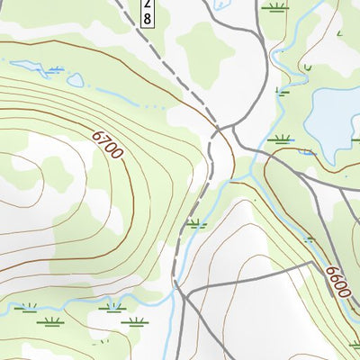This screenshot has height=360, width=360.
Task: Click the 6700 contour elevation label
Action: coord(106,144)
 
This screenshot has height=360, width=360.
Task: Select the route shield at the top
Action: coord(148,12)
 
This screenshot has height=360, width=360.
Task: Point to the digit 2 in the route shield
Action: coord(148,5)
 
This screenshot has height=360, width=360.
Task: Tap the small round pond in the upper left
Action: coord(75,80)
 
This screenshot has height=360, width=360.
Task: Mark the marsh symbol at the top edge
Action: coord(276,7)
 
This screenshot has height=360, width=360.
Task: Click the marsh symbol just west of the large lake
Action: coord(282,139)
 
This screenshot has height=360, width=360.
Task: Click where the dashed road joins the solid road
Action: coord(216,132)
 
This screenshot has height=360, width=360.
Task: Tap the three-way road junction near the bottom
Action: coord(181,292)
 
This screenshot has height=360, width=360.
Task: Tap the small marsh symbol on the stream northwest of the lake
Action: coord(283,90)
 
